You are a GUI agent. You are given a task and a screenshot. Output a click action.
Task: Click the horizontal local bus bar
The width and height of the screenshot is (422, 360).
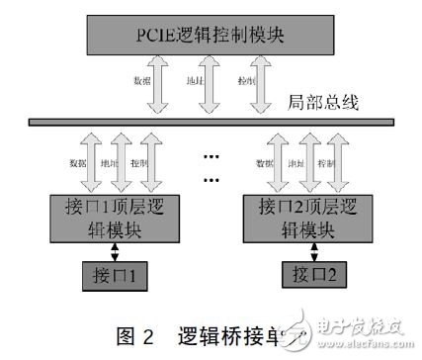pos(211,122)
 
